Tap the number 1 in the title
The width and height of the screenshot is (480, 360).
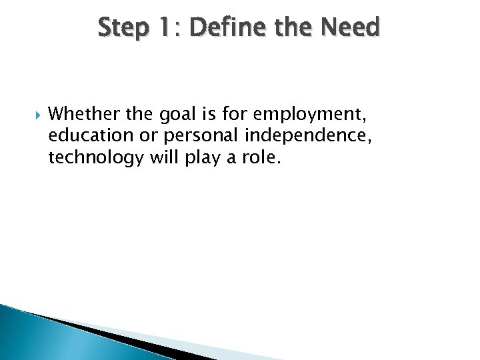(165, 28)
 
